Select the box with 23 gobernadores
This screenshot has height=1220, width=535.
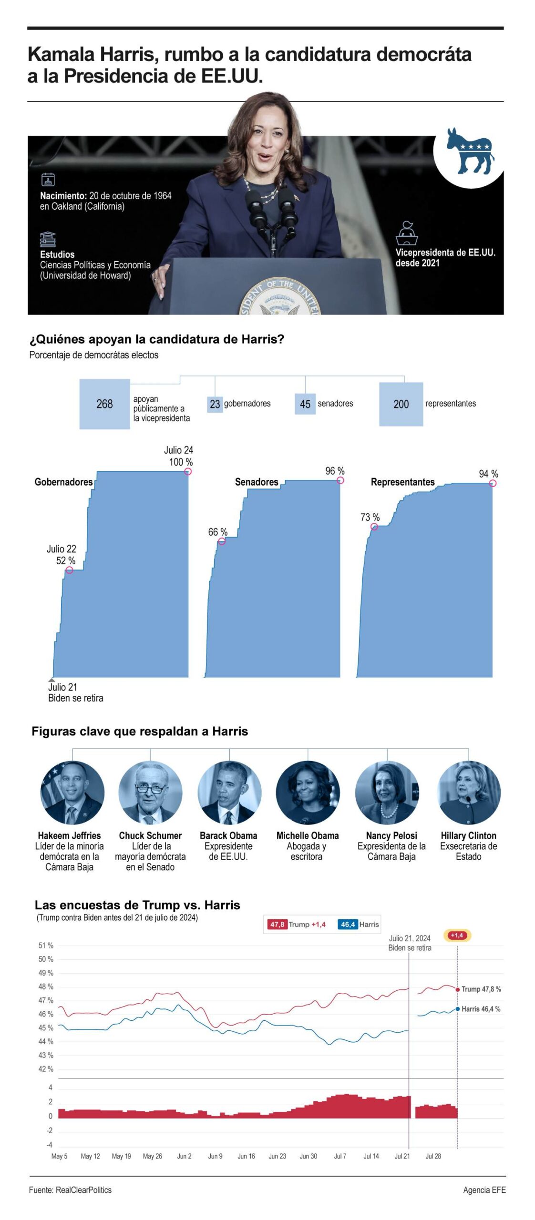[215, 404]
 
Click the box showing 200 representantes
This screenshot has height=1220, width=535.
[401, 404]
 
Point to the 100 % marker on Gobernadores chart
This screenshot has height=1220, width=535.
[187, 471]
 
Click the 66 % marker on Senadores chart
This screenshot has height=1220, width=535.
[221, 541]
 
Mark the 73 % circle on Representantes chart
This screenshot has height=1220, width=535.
[374, 526]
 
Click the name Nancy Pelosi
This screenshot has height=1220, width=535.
[391, 835]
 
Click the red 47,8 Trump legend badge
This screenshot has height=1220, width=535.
[277, 924]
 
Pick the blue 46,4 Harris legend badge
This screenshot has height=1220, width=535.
[348, 924]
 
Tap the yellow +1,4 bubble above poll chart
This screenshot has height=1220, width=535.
[456, 935]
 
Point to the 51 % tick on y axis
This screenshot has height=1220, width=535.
[46, 945]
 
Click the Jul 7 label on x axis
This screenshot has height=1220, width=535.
[340, 1156]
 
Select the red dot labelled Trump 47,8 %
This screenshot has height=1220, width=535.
[457, 989]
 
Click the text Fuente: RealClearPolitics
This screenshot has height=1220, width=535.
[70, 1189]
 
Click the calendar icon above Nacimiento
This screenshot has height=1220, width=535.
[48, 179]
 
